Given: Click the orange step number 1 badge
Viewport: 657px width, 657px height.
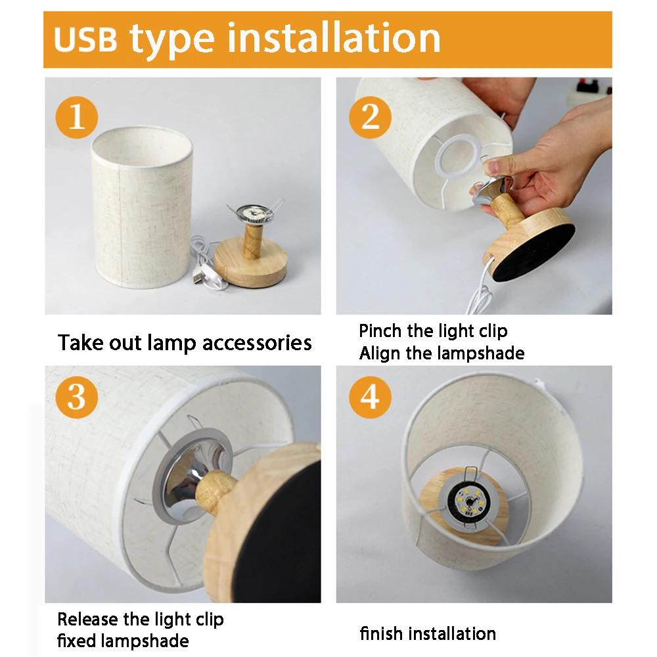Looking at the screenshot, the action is pos(77,118).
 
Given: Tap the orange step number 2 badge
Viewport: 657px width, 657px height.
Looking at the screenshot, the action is pos(370,118).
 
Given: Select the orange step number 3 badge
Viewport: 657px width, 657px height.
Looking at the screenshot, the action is pos(77,397).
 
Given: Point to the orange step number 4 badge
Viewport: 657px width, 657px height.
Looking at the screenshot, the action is pos(370,397).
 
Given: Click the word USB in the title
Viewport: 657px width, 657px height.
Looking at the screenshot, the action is pos(86,40).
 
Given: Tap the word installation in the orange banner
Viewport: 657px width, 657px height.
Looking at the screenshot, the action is pos(334,38).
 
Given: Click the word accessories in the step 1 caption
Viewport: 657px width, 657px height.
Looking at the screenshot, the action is pos(257,343).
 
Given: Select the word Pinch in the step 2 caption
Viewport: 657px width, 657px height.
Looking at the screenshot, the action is pos(380,331).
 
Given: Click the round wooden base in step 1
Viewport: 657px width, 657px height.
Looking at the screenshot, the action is pos(250,265).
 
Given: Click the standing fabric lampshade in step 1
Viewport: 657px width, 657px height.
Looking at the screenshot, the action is pos(142,208).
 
